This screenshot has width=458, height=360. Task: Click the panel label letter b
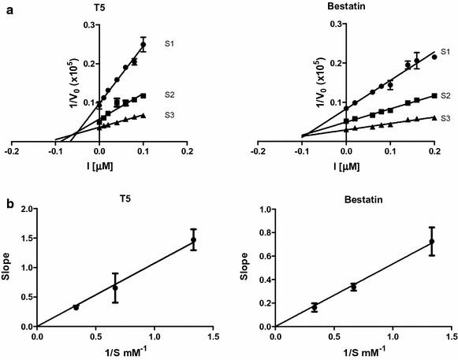[x=6, y=203]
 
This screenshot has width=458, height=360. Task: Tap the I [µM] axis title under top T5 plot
[x=99, y=166]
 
